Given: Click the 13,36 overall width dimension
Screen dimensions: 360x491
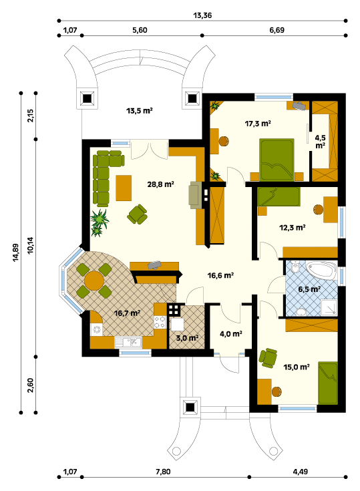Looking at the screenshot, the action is click(x=202, y=15).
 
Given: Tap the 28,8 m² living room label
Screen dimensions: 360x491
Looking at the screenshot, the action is click(x=160, y=184).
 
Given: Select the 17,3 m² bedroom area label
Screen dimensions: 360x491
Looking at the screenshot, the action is click(x=258, y=124).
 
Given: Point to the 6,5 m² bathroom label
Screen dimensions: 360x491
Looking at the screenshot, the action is click(x=309, y=289).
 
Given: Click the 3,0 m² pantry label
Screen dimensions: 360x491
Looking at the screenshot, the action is click(x=187, y=338).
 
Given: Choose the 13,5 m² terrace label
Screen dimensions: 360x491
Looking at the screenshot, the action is click(x=140, y=110).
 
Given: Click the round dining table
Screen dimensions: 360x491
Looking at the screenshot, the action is click(x=94, y=281).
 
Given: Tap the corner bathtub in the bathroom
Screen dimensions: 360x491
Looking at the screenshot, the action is click(x=321, y=271).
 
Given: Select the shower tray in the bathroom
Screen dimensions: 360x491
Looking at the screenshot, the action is click(x=329, y=307).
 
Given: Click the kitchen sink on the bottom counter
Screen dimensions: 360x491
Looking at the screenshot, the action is click(x=128, y=342).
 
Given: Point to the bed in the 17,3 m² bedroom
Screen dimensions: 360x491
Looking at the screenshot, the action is click(x=277, y=160).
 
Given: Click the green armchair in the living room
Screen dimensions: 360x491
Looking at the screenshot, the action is click(x=137, y=214).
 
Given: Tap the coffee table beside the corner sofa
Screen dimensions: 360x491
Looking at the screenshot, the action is click(x=124, y=188).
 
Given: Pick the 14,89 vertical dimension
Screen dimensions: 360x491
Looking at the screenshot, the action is click(x=16, y=253).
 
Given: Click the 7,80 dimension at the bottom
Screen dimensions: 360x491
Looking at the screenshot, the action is click(x=163, y=472).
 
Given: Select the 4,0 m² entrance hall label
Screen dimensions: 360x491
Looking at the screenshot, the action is click(x=230, y=334).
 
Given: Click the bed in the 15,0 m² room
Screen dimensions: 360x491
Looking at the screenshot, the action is click(x=328, y=383).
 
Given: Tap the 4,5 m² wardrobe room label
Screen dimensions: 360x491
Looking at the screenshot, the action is click(x=320, y=142).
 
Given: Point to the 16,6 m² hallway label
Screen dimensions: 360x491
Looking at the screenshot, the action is click(x=220, y=275).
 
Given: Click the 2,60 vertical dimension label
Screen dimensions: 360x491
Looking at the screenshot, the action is click(x=30, y=385).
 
